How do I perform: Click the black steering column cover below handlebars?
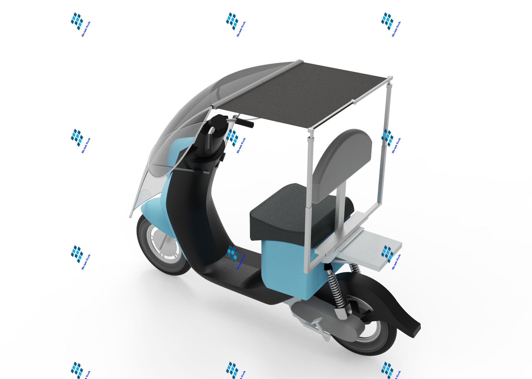[x=191, y=211]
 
